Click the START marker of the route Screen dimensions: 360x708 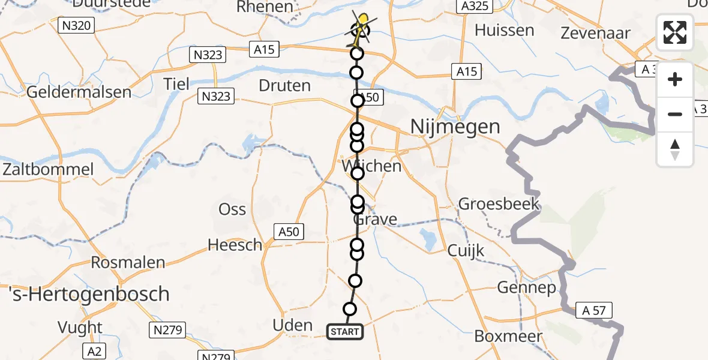tap(345, 332)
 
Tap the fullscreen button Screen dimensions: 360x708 tap(675, 32)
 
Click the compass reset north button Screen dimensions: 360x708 tap(675, 149)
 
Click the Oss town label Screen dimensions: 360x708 tap(232, 209)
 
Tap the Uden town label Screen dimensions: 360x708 tap(293, 325)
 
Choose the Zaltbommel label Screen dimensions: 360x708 tap(47, 169)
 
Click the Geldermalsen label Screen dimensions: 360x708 tap(79, 92)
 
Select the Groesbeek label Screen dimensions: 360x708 tap(499, 204)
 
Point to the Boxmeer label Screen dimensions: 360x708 tap(508, 337)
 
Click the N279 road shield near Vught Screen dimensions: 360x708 tap(168, 329)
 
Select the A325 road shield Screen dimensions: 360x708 tap(474, 7)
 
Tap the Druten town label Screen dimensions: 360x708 tap(284, 86)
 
